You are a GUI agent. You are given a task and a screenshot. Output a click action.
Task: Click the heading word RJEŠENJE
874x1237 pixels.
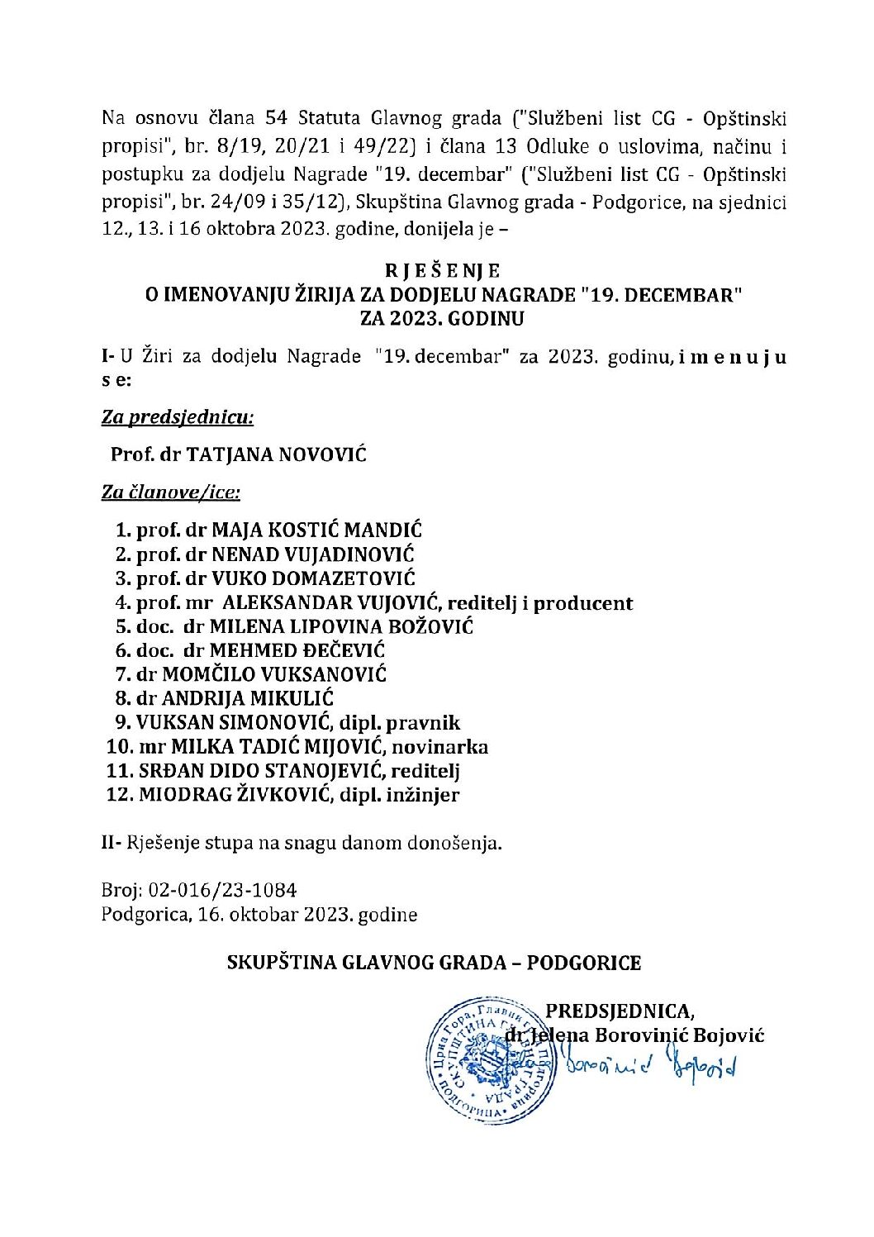(443, 270)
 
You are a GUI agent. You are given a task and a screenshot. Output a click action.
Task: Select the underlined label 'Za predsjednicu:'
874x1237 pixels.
(178, 416)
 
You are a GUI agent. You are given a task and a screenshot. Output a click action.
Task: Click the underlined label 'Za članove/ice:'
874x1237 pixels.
(171, 492)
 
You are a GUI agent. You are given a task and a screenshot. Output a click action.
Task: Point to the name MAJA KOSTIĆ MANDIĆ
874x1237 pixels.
(316, 530)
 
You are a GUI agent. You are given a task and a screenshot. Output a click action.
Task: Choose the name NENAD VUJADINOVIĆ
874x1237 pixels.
(313, 554)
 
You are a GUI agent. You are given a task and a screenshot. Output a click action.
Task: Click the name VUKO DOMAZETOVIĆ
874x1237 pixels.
(313, 578)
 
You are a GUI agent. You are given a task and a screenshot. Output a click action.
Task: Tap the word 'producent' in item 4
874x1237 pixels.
(583, 603)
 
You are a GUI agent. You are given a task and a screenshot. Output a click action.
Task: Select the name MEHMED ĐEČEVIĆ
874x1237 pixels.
(297, 651)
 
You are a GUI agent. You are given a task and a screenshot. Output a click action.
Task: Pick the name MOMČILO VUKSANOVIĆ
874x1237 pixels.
(273, 675)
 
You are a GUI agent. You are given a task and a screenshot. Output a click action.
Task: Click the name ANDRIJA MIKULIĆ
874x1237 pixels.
(247, 699)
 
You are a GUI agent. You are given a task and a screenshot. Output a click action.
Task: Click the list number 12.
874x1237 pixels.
(118, 795)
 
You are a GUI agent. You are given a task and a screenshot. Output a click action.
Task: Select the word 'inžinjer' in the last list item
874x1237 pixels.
(424, 795)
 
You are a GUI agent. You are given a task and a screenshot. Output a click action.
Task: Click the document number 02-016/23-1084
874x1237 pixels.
(222, 890)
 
